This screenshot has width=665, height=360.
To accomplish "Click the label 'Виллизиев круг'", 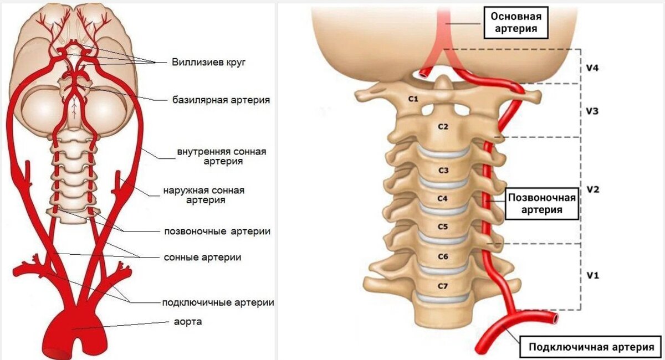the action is point(208,62).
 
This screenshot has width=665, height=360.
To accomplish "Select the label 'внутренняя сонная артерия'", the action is point(222,156).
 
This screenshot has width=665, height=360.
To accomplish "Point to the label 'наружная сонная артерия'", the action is point(203,195).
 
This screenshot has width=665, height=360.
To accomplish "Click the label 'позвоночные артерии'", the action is point(217,231).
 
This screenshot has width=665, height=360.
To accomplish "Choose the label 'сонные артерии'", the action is point(202,257).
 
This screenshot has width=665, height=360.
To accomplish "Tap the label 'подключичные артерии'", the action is point(218,302).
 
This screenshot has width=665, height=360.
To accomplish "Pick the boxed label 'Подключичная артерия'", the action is point(591,348).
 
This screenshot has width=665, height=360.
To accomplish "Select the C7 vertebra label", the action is point(442,286).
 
